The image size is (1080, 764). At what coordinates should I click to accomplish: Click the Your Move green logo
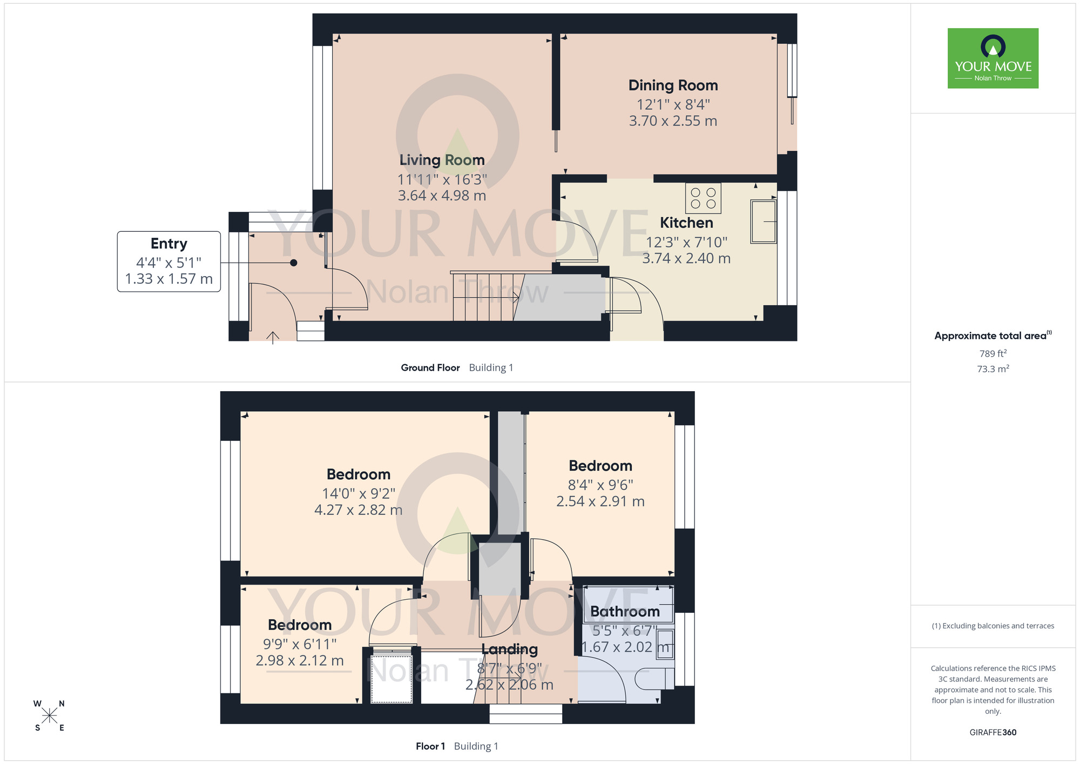[993, 58]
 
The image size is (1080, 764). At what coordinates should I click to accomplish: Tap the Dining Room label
[673, 85]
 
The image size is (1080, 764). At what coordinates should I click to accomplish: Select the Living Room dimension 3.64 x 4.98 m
[442, 196]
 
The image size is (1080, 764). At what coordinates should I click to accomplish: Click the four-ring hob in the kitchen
[703, 198]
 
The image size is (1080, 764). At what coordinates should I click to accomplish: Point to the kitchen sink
[763, 222]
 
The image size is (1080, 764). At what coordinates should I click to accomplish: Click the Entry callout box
[168, 262]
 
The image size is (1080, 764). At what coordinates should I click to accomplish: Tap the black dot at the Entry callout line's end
[293, 263]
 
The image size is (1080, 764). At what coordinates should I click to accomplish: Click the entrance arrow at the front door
[273, 338]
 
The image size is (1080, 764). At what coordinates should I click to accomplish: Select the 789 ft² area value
[993, 353]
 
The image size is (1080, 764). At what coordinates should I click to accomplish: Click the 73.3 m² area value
[993, 369]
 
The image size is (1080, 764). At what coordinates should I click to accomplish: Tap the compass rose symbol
[49, 716]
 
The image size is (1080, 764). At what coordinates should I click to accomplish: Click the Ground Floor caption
[430, 368]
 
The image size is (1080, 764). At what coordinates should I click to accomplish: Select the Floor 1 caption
[430, 746]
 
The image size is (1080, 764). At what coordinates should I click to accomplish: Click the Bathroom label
[625, 612]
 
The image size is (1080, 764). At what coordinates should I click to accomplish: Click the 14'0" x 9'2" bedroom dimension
[359, 493]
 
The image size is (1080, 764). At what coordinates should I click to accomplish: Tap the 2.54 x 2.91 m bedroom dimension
[600, 501]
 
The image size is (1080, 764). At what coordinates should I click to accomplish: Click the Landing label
[509, 649]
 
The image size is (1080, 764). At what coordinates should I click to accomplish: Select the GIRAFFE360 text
[993, 733]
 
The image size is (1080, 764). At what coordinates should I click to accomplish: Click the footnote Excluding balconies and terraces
[993, 626]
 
